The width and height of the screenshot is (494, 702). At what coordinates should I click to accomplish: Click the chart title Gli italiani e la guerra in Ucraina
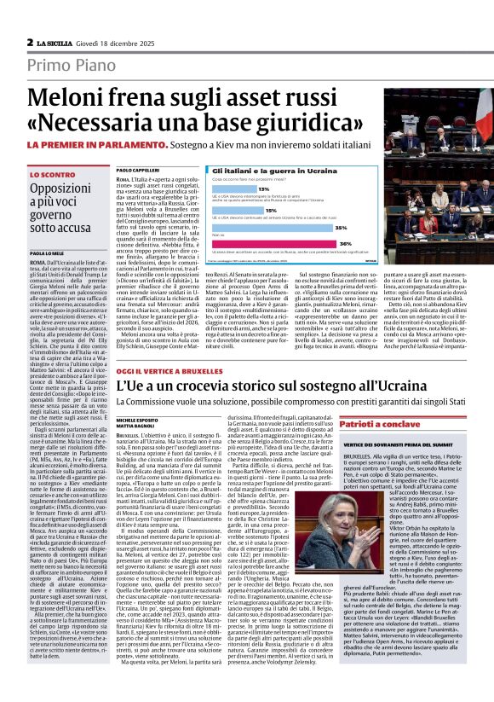tap(271, 172)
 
